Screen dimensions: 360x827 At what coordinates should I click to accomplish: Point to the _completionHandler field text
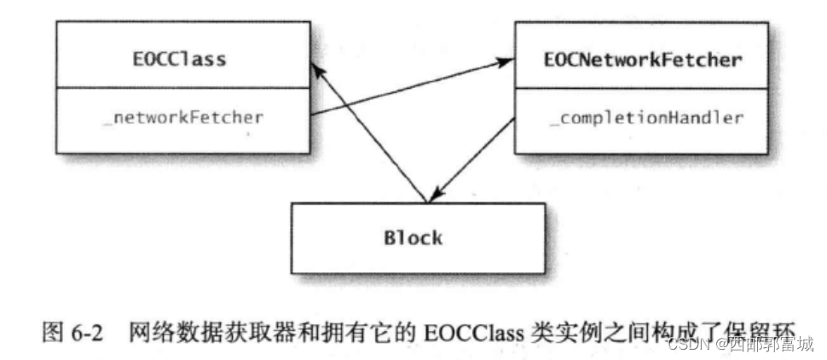pos(645,118)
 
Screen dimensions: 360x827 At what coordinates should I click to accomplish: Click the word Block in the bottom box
pos(413,236)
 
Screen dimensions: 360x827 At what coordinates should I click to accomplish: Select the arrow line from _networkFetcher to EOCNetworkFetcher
pos(409,88)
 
